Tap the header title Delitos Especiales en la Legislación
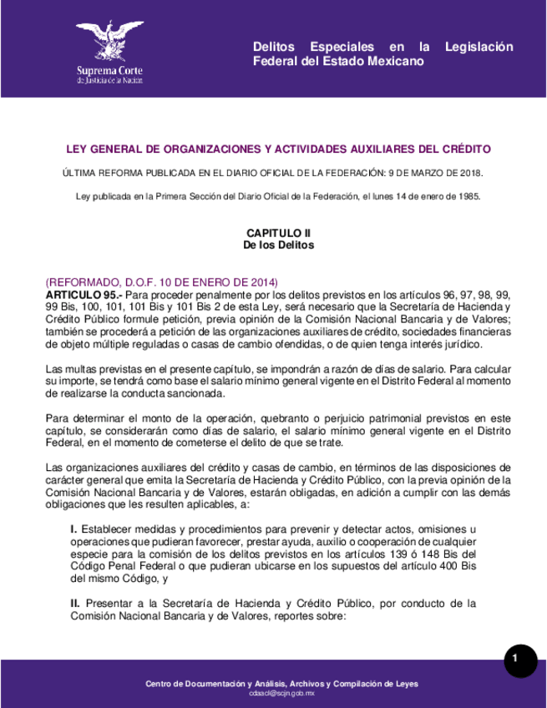(383, 47)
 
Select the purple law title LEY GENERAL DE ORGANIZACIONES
(278, 149)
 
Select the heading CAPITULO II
(278, 233)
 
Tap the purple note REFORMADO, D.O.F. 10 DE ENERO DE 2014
(161, 283)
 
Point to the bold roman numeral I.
(73, 529)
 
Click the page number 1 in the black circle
(515, 660)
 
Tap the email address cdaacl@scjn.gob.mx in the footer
(281, 693)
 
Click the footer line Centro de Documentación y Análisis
(281, 684)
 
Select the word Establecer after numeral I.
(111, 529)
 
